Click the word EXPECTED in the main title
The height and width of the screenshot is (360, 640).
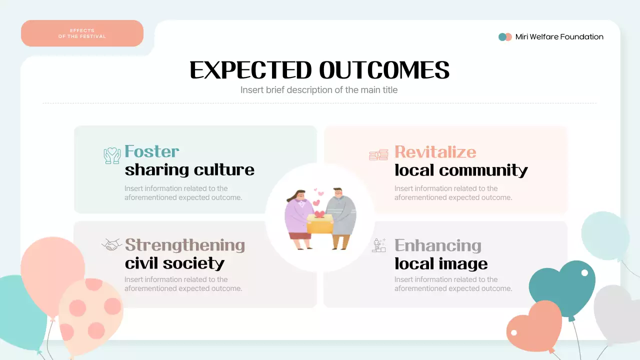pyautogui.click(x=251, y=70)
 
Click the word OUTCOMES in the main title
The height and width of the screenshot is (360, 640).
pyautogui.click(x=384, y=70)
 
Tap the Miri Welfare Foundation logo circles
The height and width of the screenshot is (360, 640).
pyautogui.click(x=505, y=37)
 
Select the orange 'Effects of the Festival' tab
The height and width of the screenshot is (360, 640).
pyautogui.click(x=82, y=33)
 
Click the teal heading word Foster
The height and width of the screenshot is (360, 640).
pyautogui.click(x=151, y=151)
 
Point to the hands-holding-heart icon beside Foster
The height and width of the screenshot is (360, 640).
pyautogui.click(x=112, y=155)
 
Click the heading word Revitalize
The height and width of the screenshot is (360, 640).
pyautogui.click(x=435, y=152)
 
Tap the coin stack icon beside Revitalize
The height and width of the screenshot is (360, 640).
pyautogui.click(x=378, y=155)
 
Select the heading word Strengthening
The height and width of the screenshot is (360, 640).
pyautogui.click(x=184, y=245)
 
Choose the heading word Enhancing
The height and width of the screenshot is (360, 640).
pyautogui.click(x=437, y=245)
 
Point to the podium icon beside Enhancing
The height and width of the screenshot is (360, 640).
pyautogui.click(x=379, y=245)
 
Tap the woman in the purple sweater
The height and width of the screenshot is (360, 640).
pyautogui.click(x=298, y=217)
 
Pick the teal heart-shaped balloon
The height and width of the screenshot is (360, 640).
pyautogui.click(x=562, y=287)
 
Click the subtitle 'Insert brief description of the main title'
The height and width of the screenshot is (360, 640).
pyautogui.click(x=319, y=90)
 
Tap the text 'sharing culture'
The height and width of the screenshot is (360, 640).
pyautogui.click(x=189, y=170)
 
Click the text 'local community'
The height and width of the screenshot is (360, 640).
pyautogui.click(x=461, y=170)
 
